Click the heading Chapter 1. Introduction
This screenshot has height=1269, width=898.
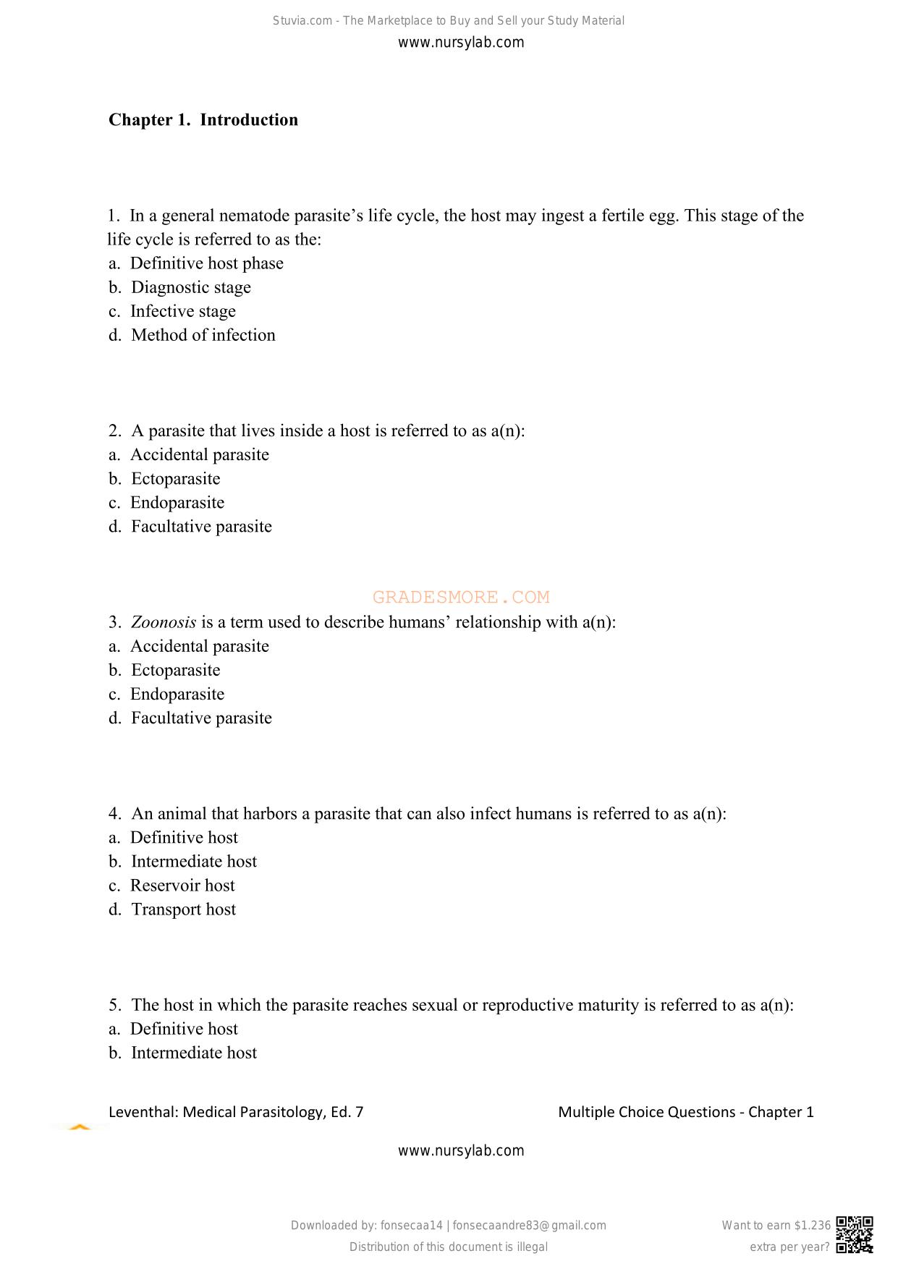coord(203,119)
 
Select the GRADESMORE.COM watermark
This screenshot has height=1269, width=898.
coord(461,597)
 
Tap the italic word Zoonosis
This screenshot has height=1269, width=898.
coord(164,622)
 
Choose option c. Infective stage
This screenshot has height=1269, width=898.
coord(172,311)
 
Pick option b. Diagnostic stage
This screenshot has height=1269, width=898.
coord(179,287)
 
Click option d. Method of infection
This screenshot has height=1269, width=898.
coord(192,335)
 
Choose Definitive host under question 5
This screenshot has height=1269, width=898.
coord(173,1029)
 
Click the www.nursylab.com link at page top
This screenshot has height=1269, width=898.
coord(461,42)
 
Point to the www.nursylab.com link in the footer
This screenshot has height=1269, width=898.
coord(461,1150)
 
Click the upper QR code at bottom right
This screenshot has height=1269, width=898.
coord(855,1228)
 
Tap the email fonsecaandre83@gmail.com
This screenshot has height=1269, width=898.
coord(529,1225)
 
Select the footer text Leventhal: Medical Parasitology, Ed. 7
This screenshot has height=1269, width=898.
coord(236,1112)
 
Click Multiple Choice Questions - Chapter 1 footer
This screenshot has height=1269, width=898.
coord(685,1112)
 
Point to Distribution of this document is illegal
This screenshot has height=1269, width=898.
coord(449,1247)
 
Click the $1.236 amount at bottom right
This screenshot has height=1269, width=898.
coord(812,1225)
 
